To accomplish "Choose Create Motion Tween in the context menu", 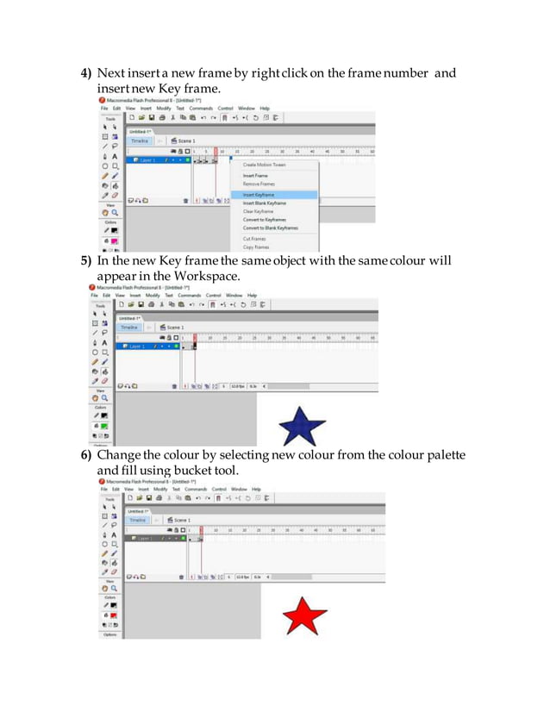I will coord(264,165).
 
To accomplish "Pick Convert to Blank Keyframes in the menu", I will coord(270,228).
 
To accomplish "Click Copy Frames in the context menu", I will coord(256,247).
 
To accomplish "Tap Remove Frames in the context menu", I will coord(259,184).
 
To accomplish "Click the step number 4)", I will coord(86,73).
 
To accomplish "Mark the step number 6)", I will coord(86,455).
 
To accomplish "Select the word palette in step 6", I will coord(441,455).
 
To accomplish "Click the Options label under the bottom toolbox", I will coord(109,634).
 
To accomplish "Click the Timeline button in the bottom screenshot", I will coord(136,520).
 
